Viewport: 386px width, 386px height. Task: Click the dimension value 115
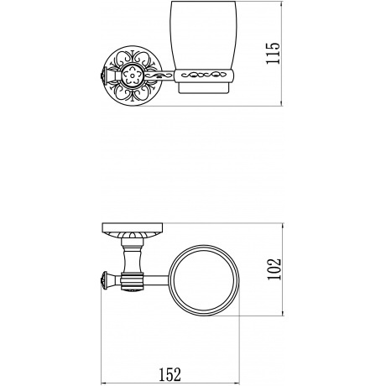(273, 53)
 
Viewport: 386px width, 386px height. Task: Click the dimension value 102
(274, 269)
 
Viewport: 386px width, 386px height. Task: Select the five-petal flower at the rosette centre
(133, 76)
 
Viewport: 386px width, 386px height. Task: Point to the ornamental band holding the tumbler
(203, 76)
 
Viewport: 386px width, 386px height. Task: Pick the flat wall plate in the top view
(133, 227)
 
